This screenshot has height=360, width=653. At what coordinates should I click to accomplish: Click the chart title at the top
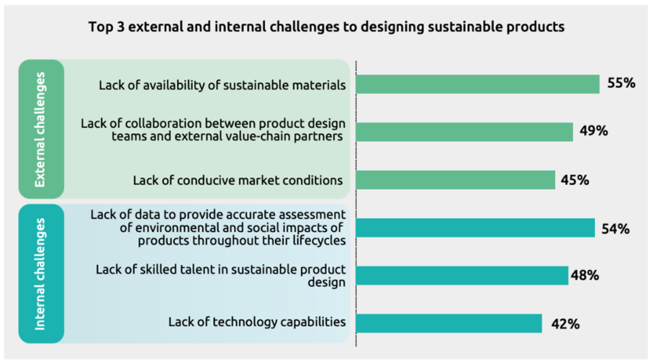coord(326,28)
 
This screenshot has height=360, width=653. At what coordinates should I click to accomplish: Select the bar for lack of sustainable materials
coord(477,84)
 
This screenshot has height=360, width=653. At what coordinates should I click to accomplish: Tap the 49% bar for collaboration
coord(464,132)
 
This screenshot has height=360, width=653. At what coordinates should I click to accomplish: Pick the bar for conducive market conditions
coord(455,180)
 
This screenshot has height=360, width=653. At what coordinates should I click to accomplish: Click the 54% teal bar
coord(475,228)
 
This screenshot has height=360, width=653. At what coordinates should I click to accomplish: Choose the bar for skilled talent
coord(461,276)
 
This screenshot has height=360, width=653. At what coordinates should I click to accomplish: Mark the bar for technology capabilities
coord(448,323)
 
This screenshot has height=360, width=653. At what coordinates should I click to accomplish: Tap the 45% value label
coord(575,180)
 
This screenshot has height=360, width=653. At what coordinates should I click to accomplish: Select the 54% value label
coord(615,229)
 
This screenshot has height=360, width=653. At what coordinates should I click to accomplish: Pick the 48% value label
coord(585,276)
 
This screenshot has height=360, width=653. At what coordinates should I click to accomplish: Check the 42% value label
coord(564,324)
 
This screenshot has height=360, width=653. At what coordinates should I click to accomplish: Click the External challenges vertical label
coord(41,129)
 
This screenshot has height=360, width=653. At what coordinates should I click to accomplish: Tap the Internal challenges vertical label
coord(41,273)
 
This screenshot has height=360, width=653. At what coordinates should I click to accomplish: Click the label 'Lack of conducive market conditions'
coord(237,180)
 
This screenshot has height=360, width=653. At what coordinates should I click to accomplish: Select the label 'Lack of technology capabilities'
coord(257,322)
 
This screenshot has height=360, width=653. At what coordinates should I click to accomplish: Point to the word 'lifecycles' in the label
coord(318,241)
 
